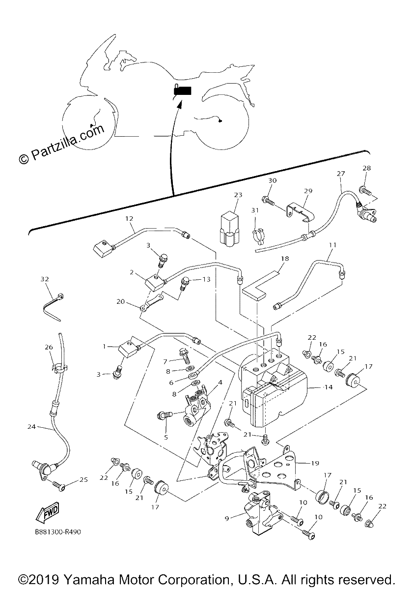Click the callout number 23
[238, 195]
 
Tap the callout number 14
[329, 387]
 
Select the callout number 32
[45, 279]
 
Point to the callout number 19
[315, 463]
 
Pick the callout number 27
[341, 174]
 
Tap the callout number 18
[284, 259]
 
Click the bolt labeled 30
[268, 201]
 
